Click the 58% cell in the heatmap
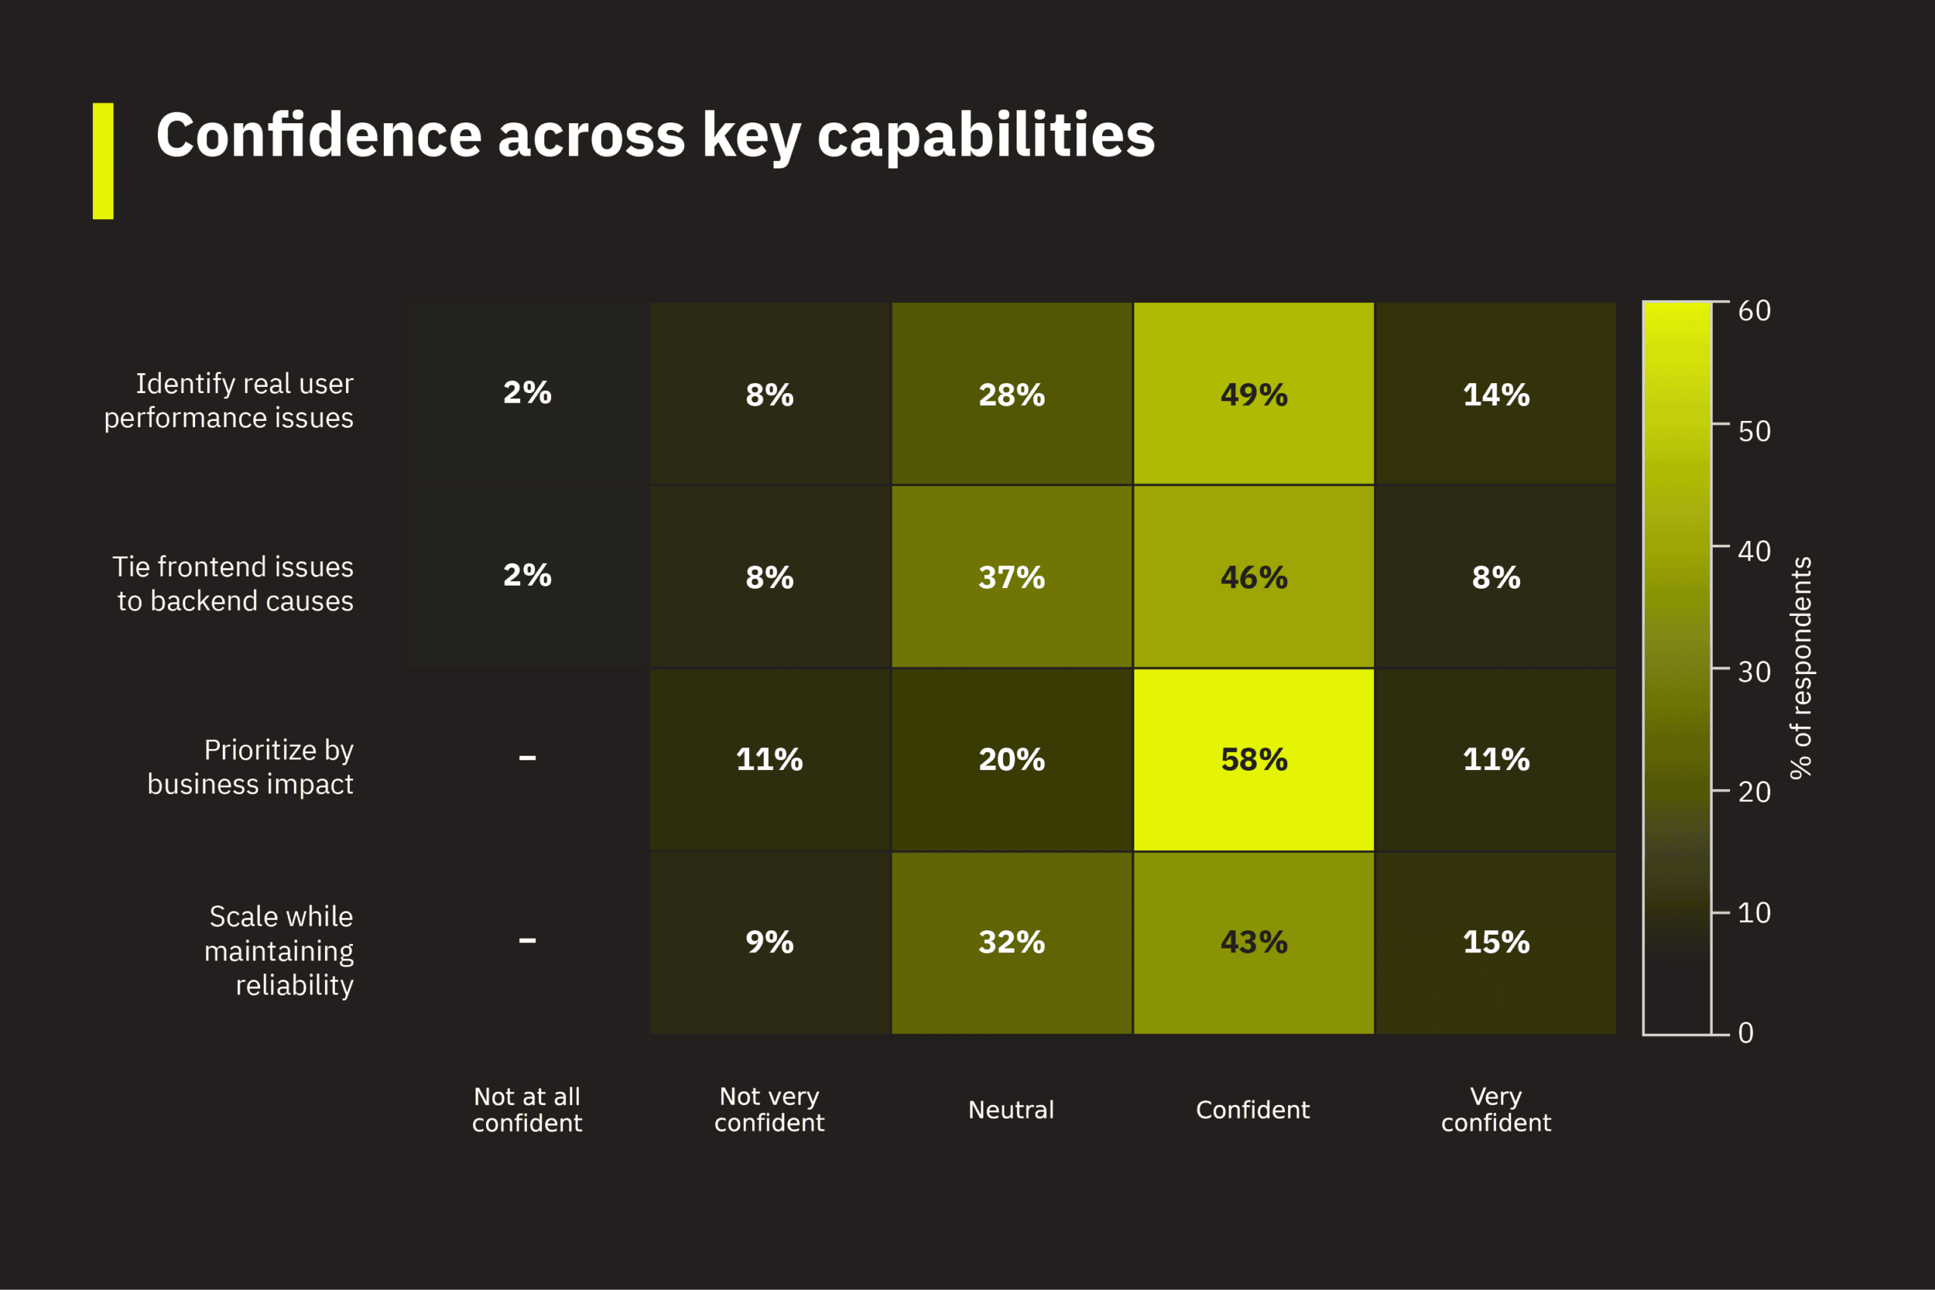[x=1254, y=759]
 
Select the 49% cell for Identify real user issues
[x=1254, y=394]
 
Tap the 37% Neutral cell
[x=1011, y=577]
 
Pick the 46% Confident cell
[x=1254, y=577]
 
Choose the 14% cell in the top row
[x=1496, y=394]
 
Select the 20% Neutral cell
[x=1011, y=759]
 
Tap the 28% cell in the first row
[x=1011, y=394]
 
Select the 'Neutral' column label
[x=1011, y=1110]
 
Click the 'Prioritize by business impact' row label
[x=251, y=767]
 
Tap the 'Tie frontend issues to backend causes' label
[x=234, y=583]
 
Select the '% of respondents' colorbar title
[x=1800, y=668]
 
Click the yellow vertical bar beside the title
[x=103, y=161]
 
